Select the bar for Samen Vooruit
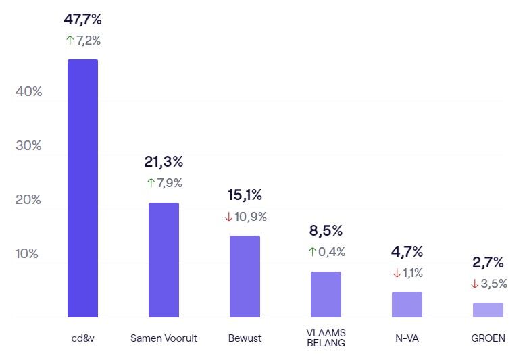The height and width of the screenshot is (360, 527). coord(164,259)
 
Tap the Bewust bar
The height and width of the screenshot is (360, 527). coord(245,276)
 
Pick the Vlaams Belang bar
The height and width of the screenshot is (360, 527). coord(326,294)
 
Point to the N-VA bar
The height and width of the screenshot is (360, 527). coord(407,304)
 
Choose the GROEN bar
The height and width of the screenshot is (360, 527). coord(488,309)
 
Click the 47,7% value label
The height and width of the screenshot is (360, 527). coord(82,20)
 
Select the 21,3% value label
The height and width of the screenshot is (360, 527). coord(164,162)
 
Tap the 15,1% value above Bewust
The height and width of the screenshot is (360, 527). coord(245,195)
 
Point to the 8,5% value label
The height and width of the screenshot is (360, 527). coord(326,230)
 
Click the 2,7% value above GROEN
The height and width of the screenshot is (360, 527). coord(488,263)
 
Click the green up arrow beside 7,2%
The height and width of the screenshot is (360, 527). coord(70,41)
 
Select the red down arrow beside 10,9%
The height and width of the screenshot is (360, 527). coord(228,217)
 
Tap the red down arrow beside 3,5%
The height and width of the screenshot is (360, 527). coord(475,284)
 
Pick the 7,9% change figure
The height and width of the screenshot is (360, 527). coord(170,183)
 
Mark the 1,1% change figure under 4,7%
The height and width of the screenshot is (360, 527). coord(413,273)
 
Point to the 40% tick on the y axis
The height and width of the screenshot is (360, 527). coord(28,92)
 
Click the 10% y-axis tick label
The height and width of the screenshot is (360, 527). coord(28,254)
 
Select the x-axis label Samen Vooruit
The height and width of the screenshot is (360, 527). coord(164,338)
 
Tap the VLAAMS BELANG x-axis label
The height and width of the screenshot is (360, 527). coord(326,338)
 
